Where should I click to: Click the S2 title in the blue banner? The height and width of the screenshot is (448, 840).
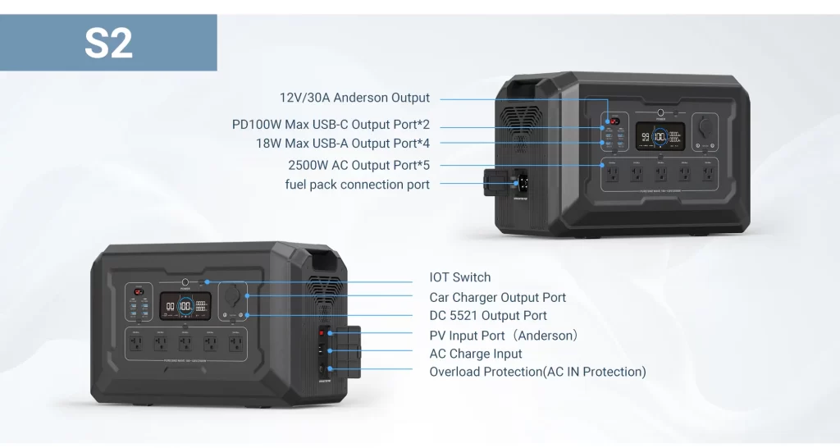click(108, 43)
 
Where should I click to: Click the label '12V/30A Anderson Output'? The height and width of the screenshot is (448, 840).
click(354, 98)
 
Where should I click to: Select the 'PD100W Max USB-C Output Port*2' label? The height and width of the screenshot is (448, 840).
click(331, 125)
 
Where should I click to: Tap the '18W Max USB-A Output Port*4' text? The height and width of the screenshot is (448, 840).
click(342, 143)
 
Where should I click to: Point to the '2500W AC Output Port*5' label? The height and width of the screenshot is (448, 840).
click(354, 165)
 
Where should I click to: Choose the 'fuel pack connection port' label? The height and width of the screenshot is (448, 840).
click(357, 185)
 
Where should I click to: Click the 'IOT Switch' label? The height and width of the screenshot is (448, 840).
click(460, 277)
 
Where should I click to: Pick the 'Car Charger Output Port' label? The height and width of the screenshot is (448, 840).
click(497, 297)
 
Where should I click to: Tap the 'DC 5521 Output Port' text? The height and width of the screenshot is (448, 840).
click(487, 316)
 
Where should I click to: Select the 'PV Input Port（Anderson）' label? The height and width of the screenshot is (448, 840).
click(504, 336)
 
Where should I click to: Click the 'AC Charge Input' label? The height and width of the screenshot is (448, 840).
click(475, 354)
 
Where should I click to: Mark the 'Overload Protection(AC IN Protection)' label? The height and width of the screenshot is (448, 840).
click(537, 372)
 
